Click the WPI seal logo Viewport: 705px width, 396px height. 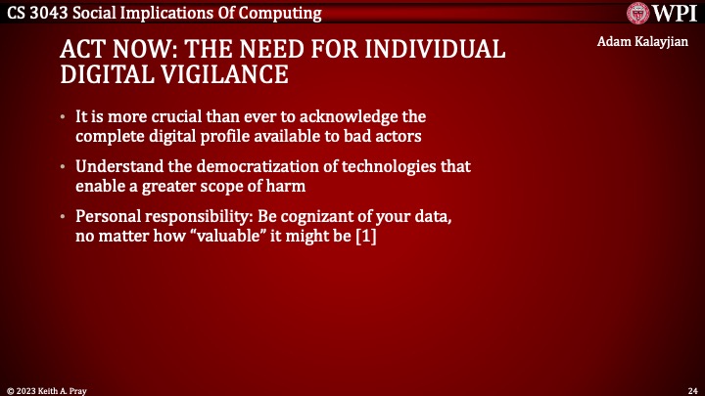[x=638, y=13]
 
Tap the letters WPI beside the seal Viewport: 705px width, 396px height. [x=675, y=13]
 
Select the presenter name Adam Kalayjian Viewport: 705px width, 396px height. [x=642, y=42]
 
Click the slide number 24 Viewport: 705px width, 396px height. [x=693, y=391]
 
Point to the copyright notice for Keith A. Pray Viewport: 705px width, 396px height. [x=47, y=391]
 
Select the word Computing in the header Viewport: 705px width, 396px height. [x=280, y=14]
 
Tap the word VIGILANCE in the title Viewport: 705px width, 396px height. [x=224, y=74]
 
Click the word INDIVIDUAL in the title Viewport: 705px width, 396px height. [x=435, y=49]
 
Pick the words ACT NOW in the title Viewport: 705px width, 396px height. [x=119, y=49]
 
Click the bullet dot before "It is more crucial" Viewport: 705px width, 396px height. [x=63, y=117]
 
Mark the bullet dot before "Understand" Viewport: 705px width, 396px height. [x=63, y=167]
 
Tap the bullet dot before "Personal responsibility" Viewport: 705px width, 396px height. [x=63, y=217]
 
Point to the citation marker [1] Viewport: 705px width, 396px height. [x=366, y=236]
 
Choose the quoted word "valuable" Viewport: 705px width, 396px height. [x=228, y=236]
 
